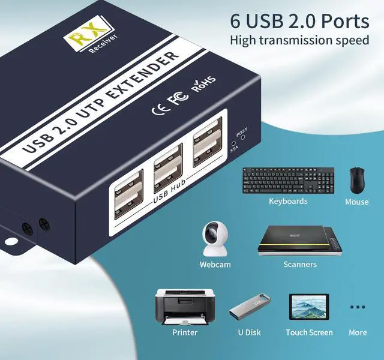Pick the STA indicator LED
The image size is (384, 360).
tap(233, 145)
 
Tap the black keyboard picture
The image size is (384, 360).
tap(288, 180)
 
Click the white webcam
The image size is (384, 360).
tap(214, 239)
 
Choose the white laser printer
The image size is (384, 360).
tap(184, 307)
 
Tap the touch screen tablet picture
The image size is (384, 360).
tap(309, 308)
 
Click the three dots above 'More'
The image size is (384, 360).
tap(358, 307)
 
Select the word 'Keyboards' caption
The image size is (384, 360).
tap(288, 202)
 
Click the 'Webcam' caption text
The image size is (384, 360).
tap(215, 264)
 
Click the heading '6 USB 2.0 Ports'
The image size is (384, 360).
tap(299, 22)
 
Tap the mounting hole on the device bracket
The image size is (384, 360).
tap(11, 242)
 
